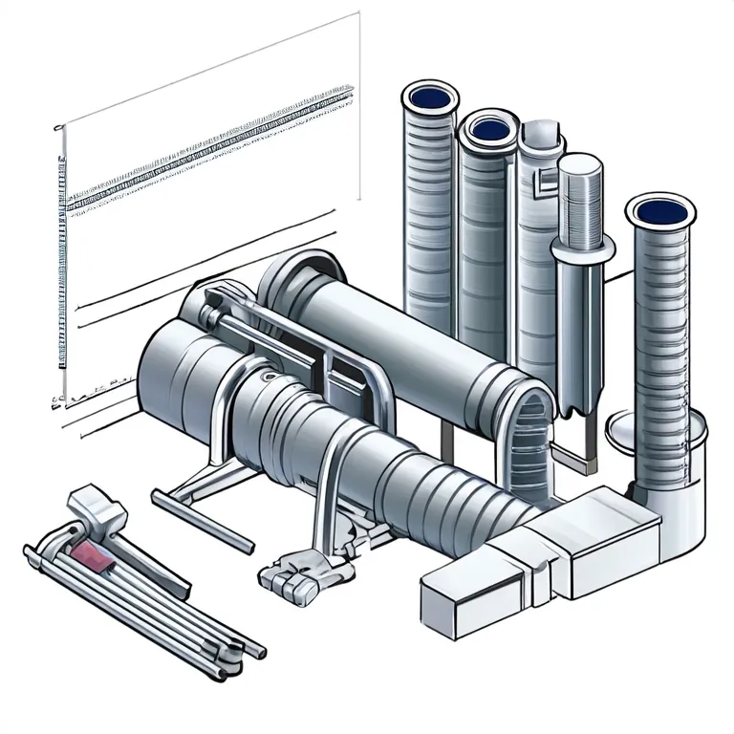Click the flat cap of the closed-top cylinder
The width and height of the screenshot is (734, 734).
(579, 166)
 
